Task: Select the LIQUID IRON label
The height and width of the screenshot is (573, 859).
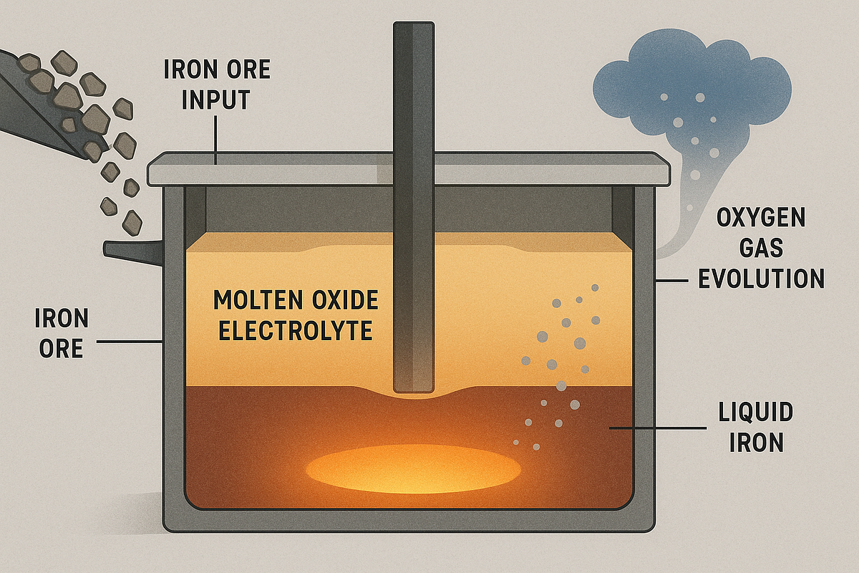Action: [x=756, y=428]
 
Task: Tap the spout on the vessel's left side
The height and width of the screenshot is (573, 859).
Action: [x=132, y=249]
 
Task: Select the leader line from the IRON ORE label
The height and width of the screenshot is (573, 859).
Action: [x=129, y=342]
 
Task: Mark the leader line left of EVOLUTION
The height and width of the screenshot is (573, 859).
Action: [x=676, y=279]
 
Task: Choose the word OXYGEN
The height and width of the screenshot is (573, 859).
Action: [x=760, y=215]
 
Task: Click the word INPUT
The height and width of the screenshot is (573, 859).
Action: [x=216, y=100]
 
